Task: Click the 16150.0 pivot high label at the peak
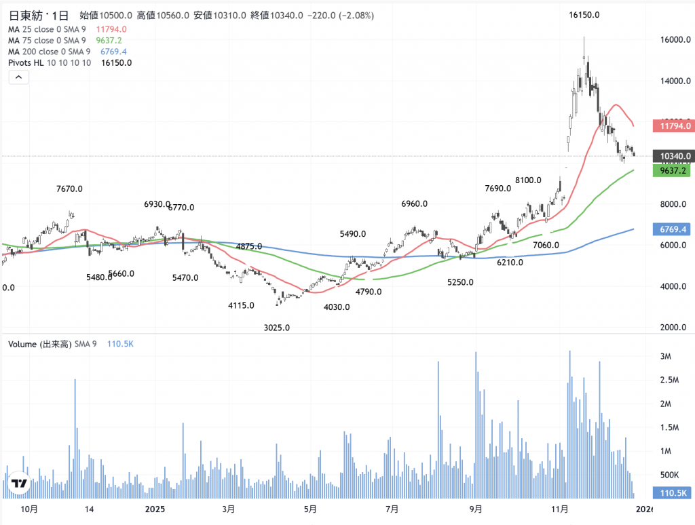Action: [x=584, y=15]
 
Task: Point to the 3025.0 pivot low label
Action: [x=276, y=328]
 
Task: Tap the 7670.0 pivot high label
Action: [x=69, y=189]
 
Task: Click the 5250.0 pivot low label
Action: [x=460, y=282]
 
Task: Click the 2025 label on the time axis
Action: [x=155, y=509]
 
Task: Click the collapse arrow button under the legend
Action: [x=18, y=78]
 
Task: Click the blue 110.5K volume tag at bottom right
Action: [x=671, y=493]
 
